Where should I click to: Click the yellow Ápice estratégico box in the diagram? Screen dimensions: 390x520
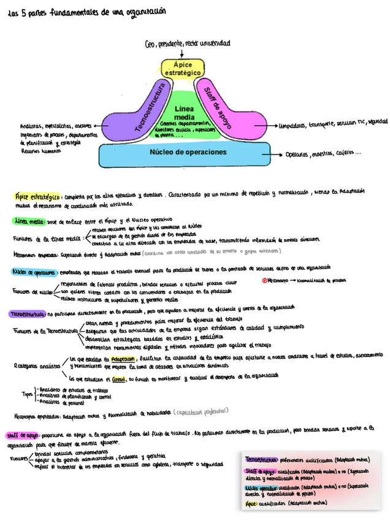[183, 69]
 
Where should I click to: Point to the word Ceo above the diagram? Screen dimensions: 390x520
[150, 44]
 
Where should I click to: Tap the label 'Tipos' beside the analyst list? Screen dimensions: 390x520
[27, 395]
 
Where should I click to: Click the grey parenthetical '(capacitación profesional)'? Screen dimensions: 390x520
[203, 412]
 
